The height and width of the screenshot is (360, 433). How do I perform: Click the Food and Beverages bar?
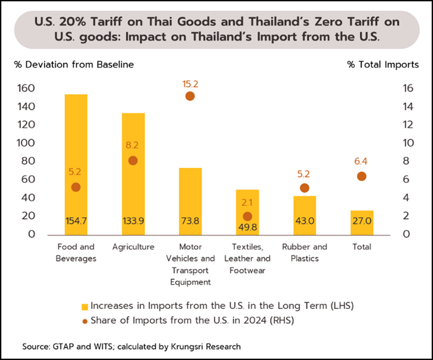(76, 131)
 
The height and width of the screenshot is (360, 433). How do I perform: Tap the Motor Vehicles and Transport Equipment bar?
(190, 197)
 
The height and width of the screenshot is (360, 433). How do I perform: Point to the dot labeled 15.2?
(190, 96)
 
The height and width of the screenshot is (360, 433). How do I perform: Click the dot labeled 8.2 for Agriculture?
(133, 161)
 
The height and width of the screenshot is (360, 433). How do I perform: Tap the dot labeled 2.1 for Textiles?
(247, 216)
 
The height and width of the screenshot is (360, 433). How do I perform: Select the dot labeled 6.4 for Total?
(361, 176)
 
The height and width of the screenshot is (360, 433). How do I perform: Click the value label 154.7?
(76, 221)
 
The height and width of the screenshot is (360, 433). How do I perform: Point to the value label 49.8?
(247, 227)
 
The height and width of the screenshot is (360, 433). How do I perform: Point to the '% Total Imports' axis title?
(383, 64)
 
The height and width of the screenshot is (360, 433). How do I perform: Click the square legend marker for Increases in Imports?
(85, 306)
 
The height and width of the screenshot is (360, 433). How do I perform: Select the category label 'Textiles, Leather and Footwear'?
(247, 259)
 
